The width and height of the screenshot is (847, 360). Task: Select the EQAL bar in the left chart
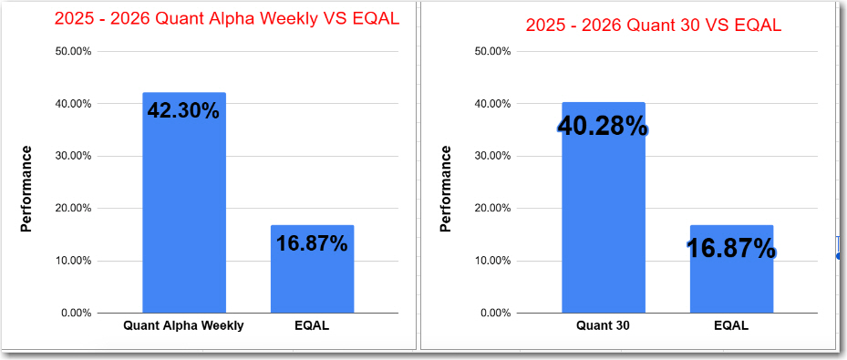pos(312,283)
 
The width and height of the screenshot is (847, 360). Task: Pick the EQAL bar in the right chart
pos(731,287)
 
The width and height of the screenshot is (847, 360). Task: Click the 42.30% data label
pos(183,111)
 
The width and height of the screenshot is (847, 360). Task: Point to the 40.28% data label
pos(603,127)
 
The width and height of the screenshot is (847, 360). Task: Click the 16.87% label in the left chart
pos(312,243)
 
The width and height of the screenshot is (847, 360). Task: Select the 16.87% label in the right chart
pos(731,247)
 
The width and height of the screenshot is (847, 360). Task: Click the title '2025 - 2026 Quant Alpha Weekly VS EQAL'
pos(227,20)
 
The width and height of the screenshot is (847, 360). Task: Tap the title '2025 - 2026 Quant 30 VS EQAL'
pos(653,25)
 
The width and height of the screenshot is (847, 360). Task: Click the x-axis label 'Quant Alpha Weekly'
pos(183,325)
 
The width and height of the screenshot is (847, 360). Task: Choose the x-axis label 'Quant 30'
pos(603,325)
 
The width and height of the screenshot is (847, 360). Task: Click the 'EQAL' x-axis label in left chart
pos(312,325)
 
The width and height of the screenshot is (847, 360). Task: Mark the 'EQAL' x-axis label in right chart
pos(731,325)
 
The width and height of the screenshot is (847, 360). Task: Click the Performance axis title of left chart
pos(26,189)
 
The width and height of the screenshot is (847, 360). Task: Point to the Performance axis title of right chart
pos(446,189)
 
